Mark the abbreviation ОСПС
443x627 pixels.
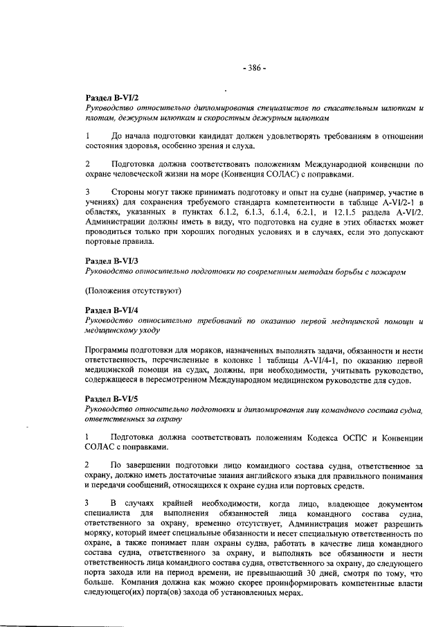[x=338, y=438]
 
